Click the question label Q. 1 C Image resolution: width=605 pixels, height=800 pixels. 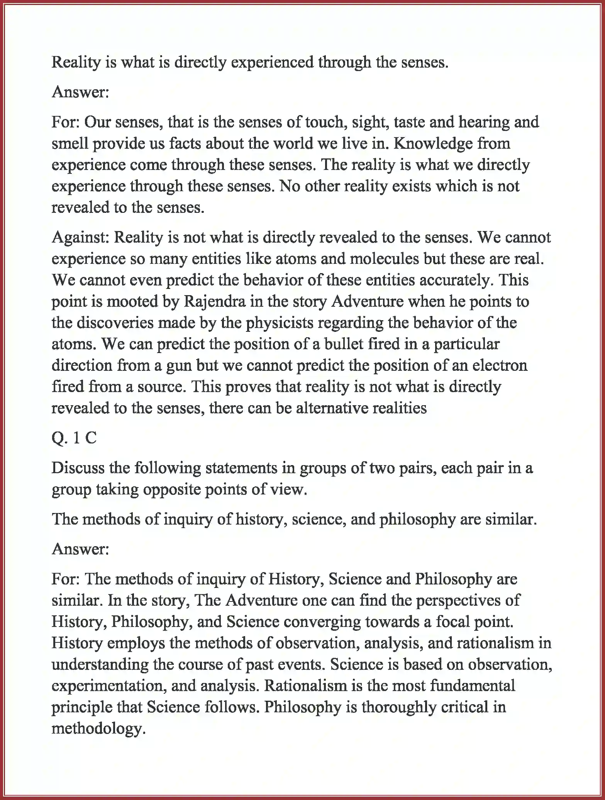74,438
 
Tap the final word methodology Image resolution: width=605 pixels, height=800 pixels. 98,729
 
